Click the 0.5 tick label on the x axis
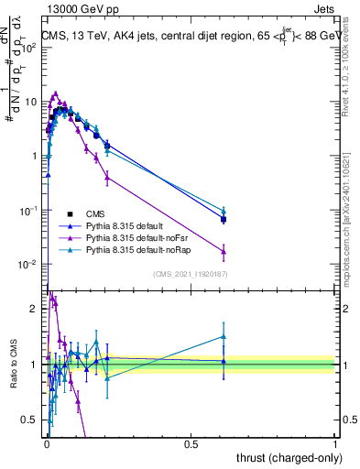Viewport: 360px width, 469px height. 191,444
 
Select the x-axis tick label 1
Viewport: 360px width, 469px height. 335,444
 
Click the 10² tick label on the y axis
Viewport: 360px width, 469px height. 28,48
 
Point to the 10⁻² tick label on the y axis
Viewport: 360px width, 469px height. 28,265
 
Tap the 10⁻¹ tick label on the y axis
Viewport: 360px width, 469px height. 28,211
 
